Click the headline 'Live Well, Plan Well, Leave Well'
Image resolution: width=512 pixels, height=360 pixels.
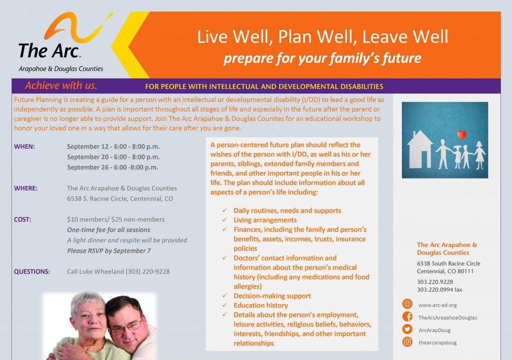coord(322,36)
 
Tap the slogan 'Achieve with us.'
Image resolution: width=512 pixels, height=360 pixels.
coord(61,85)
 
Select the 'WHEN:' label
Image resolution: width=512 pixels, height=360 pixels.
coord(24,146)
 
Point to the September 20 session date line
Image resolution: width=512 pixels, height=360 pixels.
coord(113,157)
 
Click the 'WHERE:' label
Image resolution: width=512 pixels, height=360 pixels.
coord(26,188)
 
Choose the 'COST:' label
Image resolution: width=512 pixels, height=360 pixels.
coord(23,219)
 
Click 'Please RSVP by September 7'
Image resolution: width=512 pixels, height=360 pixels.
coord(109,251)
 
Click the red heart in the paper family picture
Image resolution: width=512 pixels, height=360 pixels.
coord(462,135)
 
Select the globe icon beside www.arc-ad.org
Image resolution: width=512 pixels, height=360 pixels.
coord(407,304)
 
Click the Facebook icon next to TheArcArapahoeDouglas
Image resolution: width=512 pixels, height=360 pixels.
coord(407,317)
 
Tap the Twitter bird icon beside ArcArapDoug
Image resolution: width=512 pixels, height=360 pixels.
coord(407,329)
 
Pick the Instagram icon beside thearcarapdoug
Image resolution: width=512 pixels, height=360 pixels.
coord(407,342)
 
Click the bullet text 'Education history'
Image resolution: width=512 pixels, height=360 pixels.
coord(261,305)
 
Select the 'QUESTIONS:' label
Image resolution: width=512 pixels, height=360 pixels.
coord(32,272)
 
